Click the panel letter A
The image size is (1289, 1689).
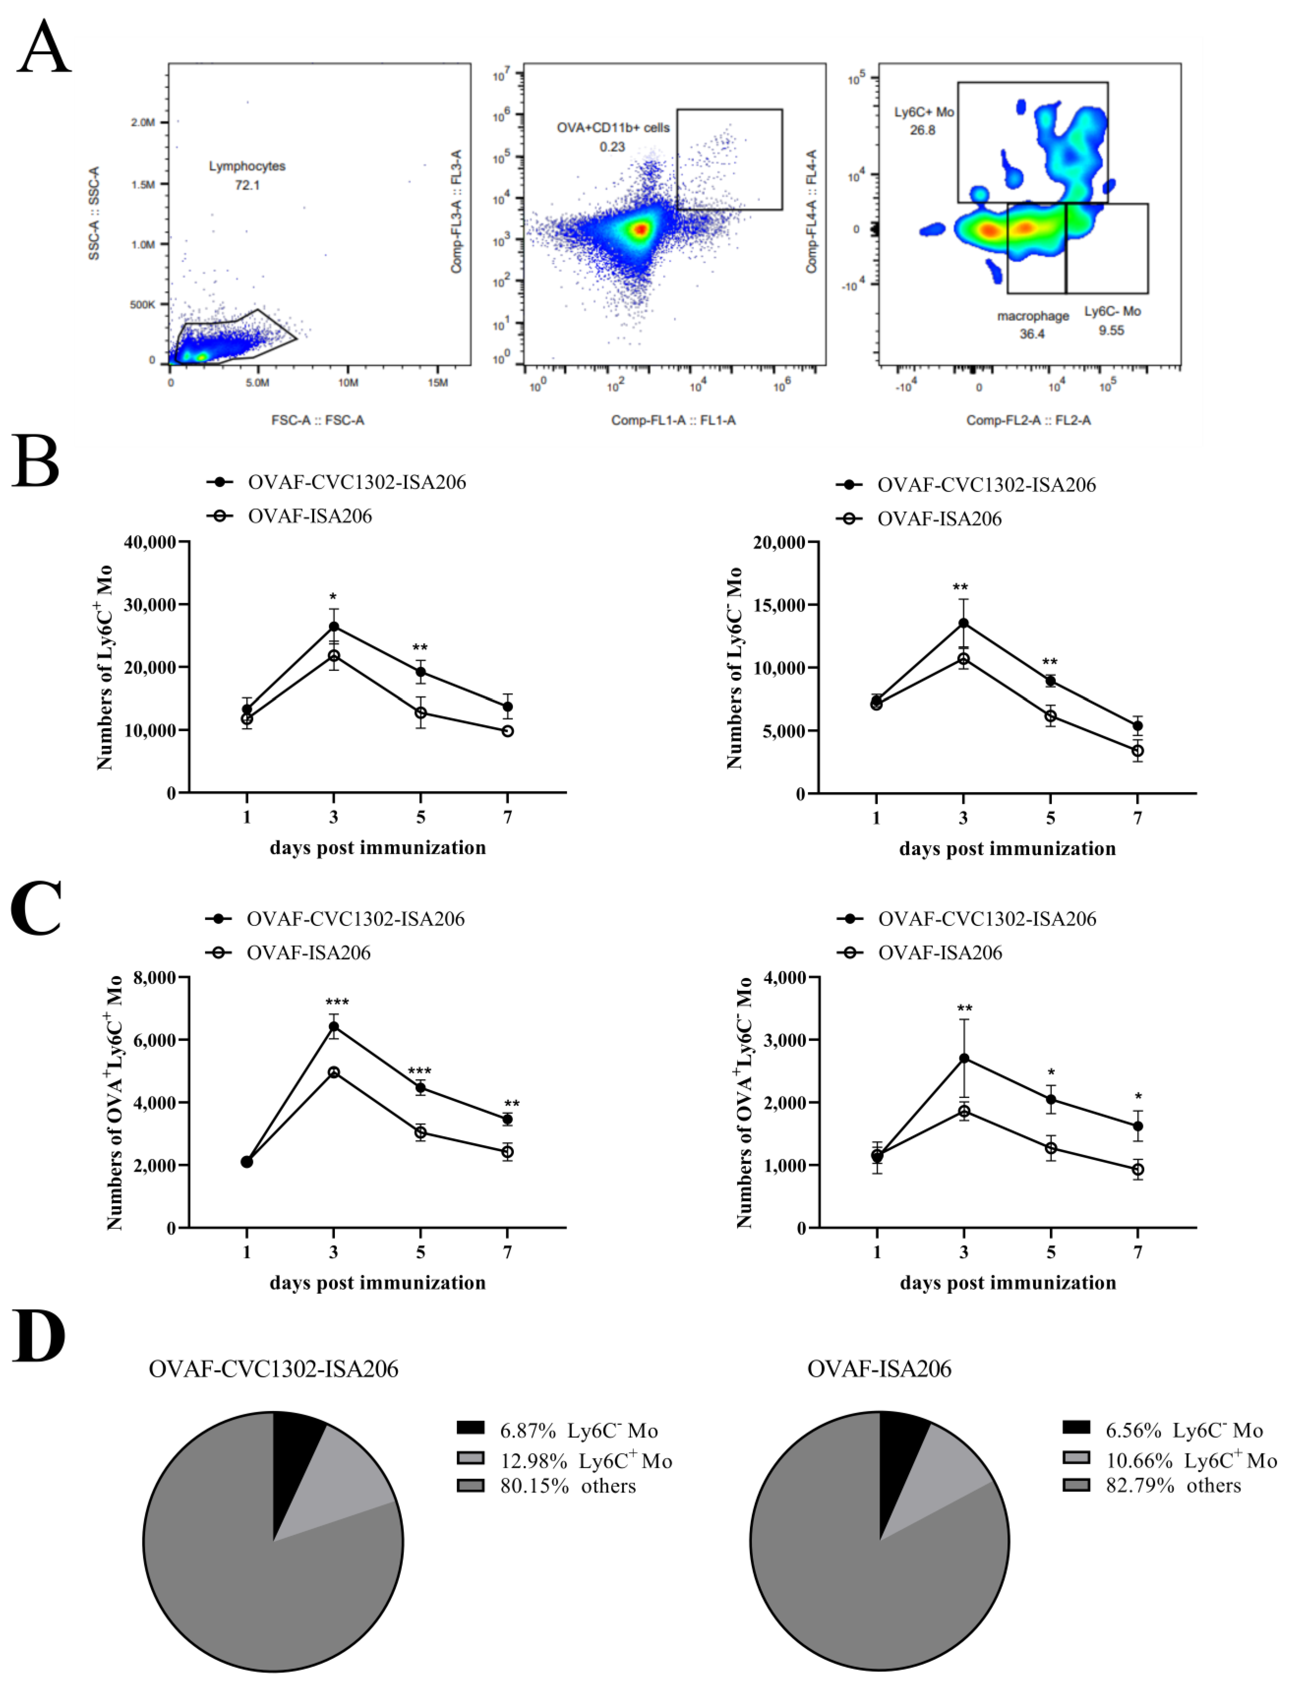click(44, 48)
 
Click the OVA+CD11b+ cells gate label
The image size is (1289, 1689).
click(613, 127)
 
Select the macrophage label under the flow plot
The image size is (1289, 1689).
click(1033, 316)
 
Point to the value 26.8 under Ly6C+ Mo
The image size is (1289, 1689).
click(922, 130)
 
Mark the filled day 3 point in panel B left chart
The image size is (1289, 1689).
click(334, 627)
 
